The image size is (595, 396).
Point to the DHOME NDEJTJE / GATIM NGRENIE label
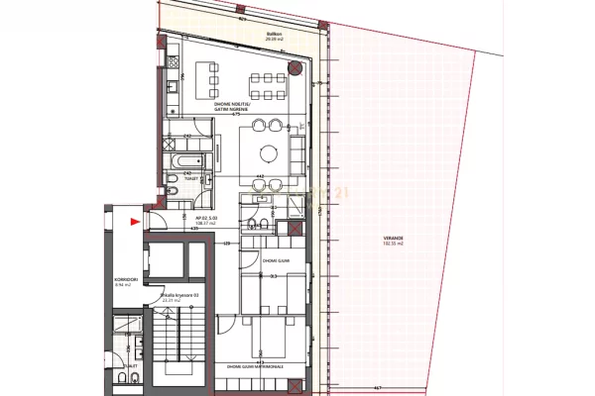[x=234, y=108]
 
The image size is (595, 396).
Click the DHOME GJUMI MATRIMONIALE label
[x=255, y=366]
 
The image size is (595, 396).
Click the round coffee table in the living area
[x=267, y=153]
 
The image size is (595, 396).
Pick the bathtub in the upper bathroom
[x=188, y=160]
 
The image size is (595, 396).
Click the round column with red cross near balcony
[x=297, y=68]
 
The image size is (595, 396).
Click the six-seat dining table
[x=265, y=78]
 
